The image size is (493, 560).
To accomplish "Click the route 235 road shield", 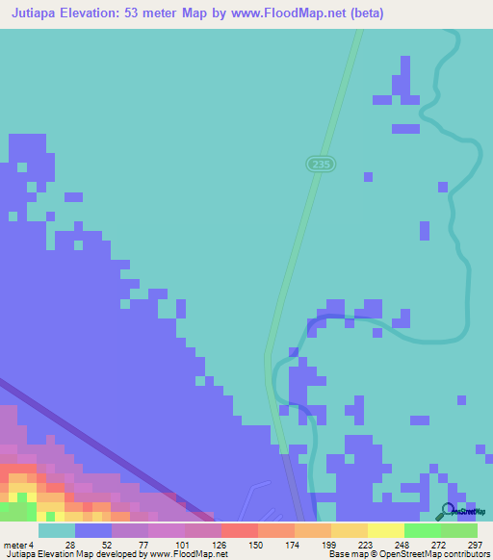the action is [323, 165].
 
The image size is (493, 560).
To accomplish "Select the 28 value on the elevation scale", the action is [70, 545].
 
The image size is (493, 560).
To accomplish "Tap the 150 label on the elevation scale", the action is [255, 545].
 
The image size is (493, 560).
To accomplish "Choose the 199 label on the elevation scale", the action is [329, 545].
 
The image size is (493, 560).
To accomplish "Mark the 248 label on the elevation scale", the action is [402, 545].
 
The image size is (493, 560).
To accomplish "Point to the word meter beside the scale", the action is [16, 545].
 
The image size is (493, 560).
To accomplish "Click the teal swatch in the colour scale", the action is [56, 530].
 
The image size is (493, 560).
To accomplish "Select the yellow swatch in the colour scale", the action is [385, 530].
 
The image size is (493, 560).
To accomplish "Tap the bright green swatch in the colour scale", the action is [422, 530].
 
